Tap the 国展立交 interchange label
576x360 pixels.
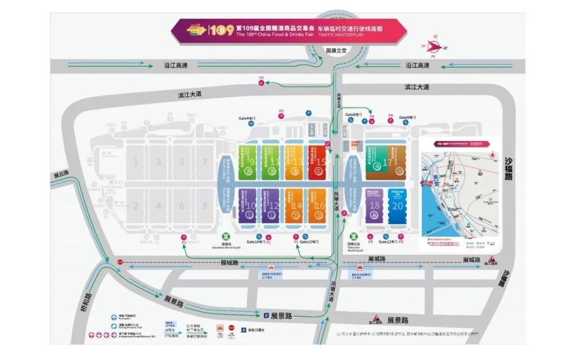point(336,52)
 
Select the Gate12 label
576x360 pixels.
point(387,242)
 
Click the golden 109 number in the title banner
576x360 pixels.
point(219,32)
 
